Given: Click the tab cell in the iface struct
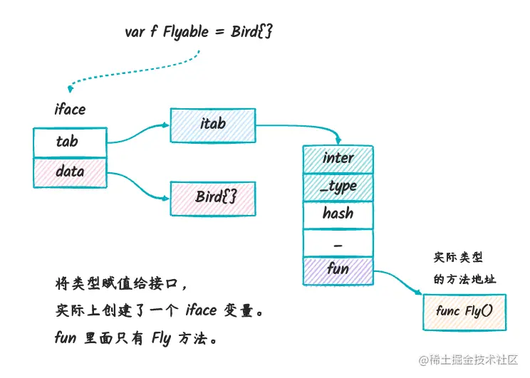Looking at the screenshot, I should [x=70, y=142].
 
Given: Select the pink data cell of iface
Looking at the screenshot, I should [x=70, y=172].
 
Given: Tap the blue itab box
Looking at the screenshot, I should [x=212, y=124].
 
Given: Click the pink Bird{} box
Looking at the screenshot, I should [x=212, y=197].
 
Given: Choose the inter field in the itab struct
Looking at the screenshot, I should [x=338, y=158].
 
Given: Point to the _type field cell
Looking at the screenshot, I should [x=338, y=186].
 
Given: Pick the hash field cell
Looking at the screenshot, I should [x=338, y=214].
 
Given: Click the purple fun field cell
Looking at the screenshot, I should [x=338, y=269].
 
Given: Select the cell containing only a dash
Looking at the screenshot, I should [x=338, y=242].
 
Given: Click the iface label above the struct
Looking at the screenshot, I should [x=70, y=110].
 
